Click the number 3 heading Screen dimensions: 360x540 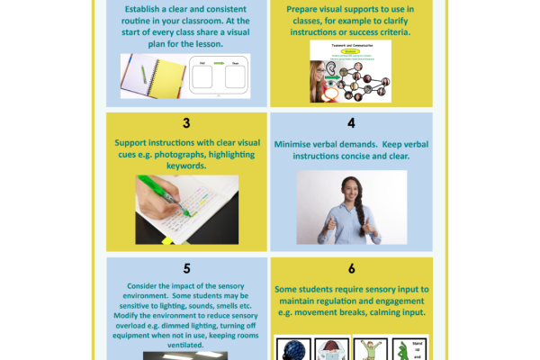pos(186,122)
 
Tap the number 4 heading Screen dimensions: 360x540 pos(351,122)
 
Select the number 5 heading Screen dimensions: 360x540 pos(186,268)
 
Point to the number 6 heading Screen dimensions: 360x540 pos(351,268)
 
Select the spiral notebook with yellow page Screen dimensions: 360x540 pos(148,76)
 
